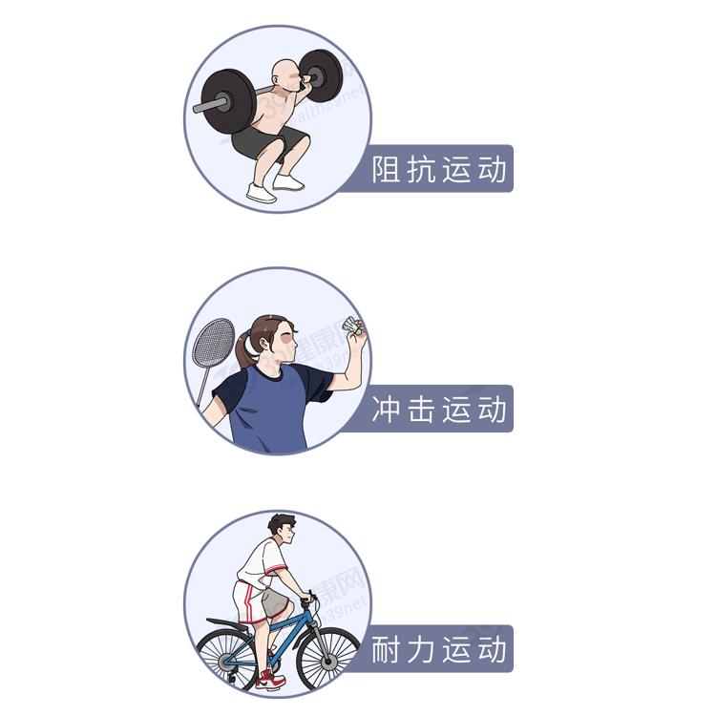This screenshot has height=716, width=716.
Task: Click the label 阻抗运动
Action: point(439,169)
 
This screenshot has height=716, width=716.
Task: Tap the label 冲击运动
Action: point(439,409)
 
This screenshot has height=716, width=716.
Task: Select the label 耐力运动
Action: point(439,649)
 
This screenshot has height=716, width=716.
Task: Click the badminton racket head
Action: point(213,343)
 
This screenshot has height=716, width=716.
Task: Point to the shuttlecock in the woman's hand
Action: point(352,326)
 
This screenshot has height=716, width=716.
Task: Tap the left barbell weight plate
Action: point(227,101)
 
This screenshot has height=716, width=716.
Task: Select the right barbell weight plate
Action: point(322,75)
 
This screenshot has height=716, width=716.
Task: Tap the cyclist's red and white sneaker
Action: point(270,680)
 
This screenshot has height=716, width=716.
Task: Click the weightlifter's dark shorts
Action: point(269,141)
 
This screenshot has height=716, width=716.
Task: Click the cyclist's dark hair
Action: point(280,523)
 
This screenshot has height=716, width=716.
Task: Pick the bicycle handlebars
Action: point(308,599)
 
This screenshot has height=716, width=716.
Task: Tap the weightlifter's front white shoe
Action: point(262,192)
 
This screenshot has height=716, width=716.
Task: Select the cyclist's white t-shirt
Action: point(262,560)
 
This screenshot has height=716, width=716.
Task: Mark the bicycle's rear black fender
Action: point(228,623)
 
